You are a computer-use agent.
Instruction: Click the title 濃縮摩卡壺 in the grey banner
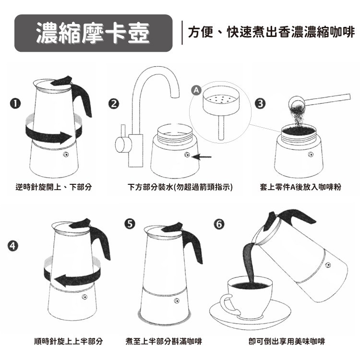pyautogui.click(x=93, y=33)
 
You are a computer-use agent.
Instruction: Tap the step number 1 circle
pyautogui.click(x=15, y=104)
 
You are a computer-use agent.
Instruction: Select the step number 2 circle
pyautogui.click(x=114, y=104)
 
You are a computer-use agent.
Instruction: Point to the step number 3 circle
pyautogui.click(x=260, y=104)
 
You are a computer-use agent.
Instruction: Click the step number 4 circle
pyautogui.click(x=13, y=246)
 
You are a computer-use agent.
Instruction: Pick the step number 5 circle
pyautogui.click(x=130, y=224)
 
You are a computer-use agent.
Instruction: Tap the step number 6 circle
pyautogui.click(x=219, y=224)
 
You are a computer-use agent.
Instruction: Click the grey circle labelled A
pyautogui.click(x=196, y=90)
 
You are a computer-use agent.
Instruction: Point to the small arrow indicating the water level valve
pyautogui.click(x=201, y=157)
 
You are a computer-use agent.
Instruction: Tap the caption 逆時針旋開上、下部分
pyautogui.click(x=54, y=187)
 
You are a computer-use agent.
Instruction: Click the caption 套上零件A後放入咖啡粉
pyautogui.click(x=300, y=187)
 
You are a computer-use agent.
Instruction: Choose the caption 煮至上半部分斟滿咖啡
pyautogui.click(x=164, y=341)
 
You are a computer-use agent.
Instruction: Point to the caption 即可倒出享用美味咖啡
pyautogui.click(x=287, y=341)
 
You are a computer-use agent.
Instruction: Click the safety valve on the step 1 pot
pyautogui.click(x=66, y=155)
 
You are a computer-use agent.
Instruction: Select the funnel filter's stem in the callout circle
pyautogui.click(x=221, y=127)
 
